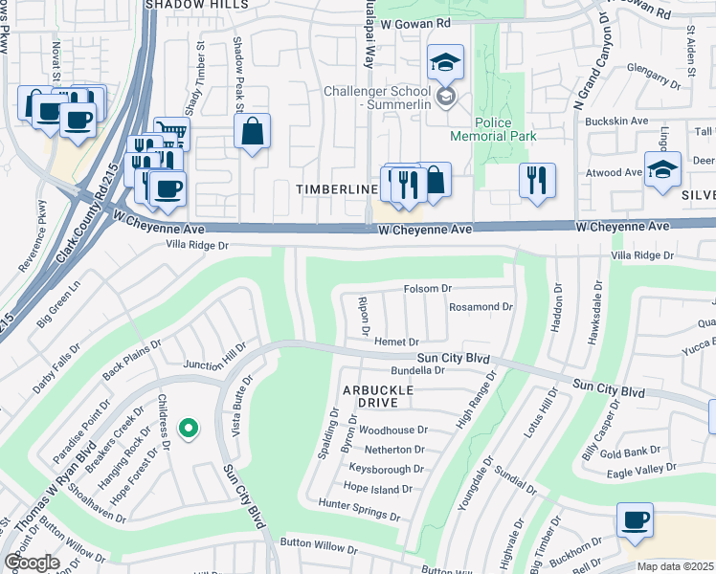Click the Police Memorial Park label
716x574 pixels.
(x=506, y=129)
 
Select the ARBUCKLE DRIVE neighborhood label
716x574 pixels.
(x=378, y=397)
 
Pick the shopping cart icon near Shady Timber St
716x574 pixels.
(x=171, y=134)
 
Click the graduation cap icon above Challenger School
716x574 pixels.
(x=445, y=63)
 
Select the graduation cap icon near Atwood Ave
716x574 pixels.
(x=662, y=169)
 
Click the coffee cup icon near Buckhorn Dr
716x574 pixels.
(x=635, y=520)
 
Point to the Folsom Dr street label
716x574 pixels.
(x=427, y=288)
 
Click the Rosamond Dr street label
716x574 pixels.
(x=481, y=307)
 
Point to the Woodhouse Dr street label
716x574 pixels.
(x=392, y=430)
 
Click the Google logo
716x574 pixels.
(x=32, y=563)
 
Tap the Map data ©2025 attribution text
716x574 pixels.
(x=675, y=566)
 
